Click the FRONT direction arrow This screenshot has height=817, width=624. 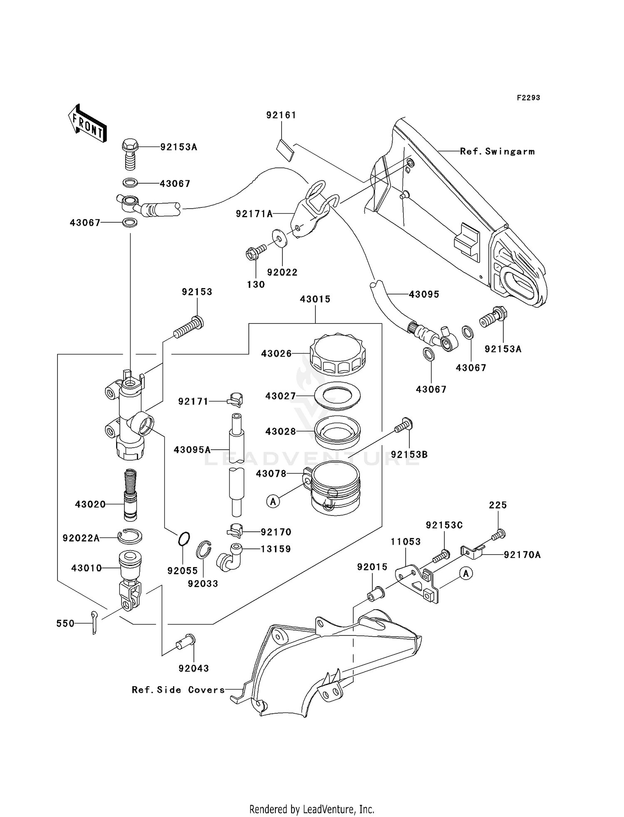pyautogui.click(x=87, y=124)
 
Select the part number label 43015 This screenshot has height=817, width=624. pyautogui.click(x=315, y=299)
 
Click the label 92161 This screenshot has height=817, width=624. pyautogui.click(x=281, y=115)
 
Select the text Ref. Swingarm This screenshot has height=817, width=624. pyautogui.click(x=497, y=152)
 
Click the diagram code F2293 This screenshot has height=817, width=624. pyautogui.click(x=528, y=98)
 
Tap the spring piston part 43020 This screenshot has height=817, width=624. pyautogui.click(x=131, y=495)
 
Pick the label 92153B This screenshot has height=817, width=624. pyautogui.click(x=409, y=455)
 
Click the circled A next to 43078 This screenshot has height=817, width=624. pyautogui.click(x=273, y=502)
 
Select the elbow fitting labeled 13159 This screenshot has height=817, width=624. pyautogui.click(x=228, y=558)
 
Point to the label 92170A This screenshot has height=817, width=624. pyautogui.click(x=522, y=555)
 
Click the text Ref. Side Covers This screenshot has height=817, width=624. pyautogui.click(x=178, y=690)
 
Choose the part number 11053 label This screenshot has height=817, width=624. pyautogui.click(x=406, y=542)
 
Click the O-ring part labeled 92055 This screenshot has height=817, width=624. pyautogui.click(x=184, y=538)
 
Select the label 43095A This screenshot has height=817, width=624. pyautogui.click(x=192, y=450)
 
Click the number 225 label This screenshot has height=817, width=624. pyautogui.click(x=498, y=505)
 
